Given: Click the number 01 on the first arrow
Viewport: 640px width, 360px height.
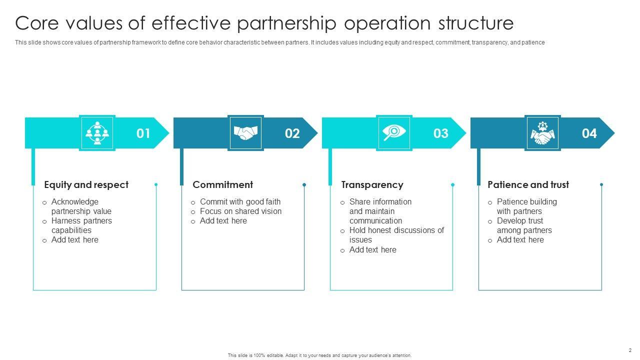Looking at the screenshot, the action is point(143,133).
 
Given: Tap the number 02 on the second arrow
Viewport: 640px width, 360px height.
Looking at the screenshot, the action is point(292,133).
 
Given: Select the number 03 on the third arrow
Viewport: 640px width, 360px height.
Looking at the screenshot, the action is point(440,133).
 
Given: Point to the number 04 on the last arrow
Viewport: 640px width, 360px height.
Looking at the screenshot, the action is point(589,133).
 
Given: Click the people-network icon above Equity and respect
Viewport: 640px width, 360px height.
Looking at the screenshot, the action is point(97,133).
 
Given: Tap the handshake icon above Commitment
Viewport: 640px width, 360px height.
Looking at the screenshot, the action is point(245,133).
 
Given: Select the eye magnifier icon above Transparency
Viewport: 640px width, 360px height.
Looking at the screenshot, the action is point(394,133).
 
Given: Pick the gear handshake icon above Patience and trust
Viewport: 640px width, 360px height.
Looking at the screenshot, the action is point(542,133).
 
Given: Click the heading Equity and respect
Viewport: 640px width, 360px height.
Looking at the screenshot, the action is point(86,185).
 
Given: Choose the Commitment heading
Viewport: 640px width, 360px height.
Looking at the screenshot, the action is point(222,185).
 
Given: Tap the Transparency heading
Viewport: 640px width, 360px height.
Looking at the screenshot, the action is point(372,185).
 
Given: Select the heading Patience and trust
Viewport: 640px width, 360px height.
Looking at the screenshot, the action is point(528,185).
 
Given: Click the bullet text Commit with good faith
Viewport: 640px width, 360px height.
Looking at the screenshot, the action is point(240,202).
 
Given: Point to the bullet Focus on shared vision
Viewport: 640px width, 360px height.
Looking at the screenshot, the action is point(240,211).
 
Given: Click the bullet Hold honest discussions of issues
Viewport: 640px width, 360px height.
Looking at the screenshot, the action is point(396,235).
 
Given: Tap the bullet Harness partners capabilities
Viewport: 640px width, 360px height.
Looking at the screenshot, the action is point(81,225).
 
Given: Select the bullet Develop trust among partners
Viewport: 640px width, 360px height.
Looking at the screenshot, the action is point(524,225).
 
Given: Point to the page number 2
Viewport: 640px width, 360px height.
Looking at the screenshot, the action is point(630,350).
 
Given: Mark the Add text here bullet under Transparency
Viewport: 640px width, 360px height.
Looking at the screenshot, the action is point(372,250).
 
